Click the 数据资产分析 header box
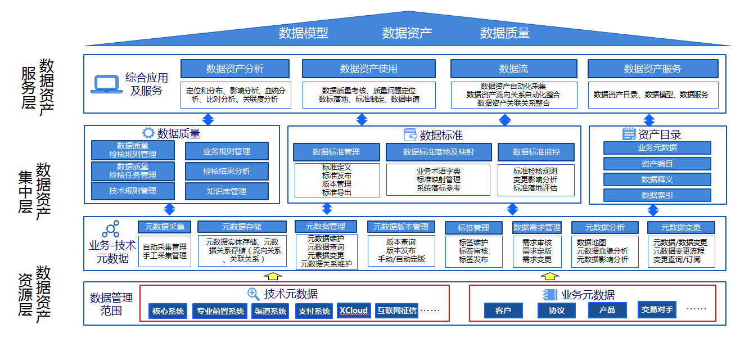tap(234, 69)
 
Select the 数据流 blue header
tap(513, 69)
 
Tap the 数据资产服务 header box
tap(652, 69)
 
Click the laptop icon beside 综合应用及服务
tap(106, 84)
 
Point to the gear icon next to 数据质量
tap(148, 133)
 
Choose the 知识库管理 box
tap(227, 191)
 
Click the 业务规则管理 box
tap(227, 151)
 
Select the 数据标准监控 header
tap(536, 152)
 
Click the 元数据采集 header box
tap(165, 227)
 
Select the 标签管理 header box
tap(473, 228)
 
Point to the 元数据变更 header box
tap(681, 227)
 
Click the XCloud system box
tap(353, 310)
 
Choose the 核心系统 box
tap(168, 311)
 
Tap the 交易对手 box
tap(657, 309)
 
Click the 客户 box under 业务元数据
tap(503, 310)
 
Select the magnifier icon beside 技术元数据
tap(254, 294)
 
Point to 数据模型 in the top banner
tap(303, 33)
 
